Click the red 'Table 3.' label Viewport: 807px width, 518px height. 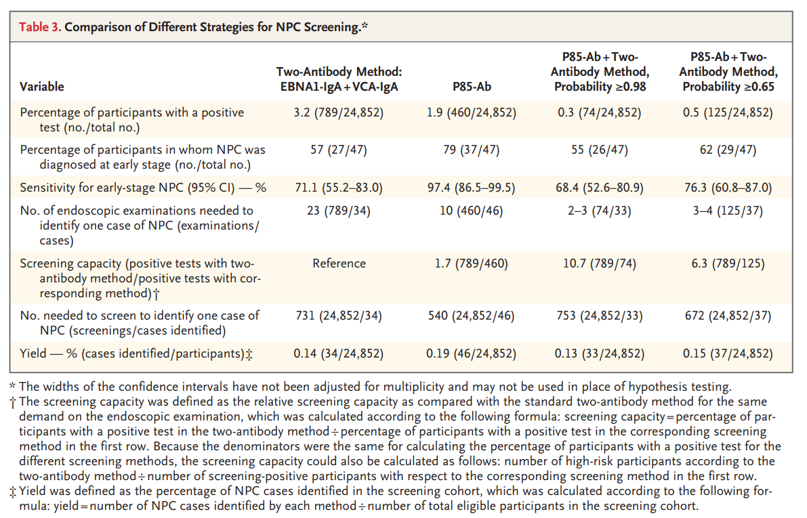coord(40,28)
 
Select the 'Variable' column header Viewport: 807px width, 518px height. coord(42,87)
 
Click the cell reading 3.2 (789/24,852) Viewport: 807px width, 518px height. coord(339,112)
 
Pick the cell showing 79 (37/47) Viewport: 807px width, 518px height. coord(471,150)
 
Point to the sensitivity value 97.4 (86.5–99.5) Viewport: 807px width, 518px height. coord(471,188)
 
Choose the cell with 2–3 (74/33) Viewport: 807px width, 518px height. coord(596,211)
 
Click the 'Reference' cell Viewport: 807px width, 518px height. coord(339,263)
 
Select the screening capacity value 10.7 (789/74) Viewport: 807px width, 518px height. coord(596,263)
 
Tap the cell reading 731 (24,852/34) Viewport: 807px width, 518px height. coord(339,316)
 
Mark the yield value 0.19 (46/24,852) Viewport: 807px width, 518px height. coord(471,353)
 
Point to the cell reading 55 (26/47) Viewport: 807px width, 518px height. coord(596,150)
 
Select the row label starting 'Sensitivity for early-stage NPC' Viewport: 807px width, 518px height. coord(142,188)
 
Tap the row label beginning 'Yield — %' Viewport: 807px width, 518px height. coord(136,353)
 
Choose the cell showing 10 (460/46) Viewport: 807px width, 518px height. coord(471,211)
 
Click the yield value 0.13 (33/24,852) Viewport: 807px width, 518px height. coord(596,353)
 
